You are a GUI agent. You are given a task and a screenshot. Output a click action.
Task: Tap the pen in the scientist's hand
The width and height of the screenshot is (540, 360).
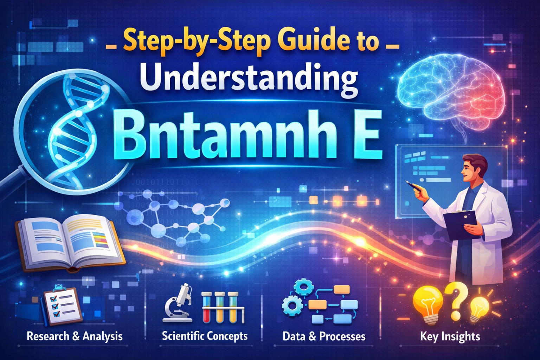413,185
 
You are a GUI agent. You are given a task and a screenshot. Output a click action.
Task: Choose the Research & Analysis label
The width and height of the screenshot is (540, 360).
75,336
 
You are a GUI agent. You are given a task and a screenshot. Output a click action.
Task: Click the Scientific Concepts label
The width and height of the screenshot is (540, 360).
205,336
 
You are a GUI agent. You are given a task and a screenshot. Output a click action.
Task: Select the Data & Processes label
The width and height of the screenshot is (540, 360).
324,336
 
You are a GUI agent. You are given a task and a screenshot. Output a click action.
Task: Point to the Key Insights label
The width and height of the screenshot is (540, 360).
450,336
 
